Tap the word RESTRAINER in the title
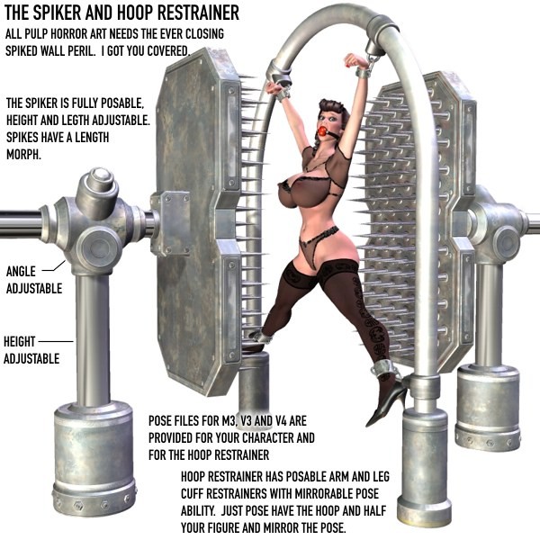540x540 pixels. click(198, 13)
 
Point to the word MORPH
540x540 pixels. click(23, 155)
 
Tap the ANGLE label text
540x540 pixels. click(21, 272)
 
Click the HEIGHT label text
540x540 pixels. click(19, 342)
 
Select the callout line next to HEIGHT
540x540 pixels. click(56, 342)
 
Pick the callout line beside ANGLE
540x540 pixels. click(54, 267)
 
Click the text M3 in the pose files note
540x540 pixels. click(229, 421)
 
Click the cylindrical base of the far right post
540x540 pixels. click(488, 407)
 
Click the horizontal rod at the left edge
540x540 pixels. click(21, 224)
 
